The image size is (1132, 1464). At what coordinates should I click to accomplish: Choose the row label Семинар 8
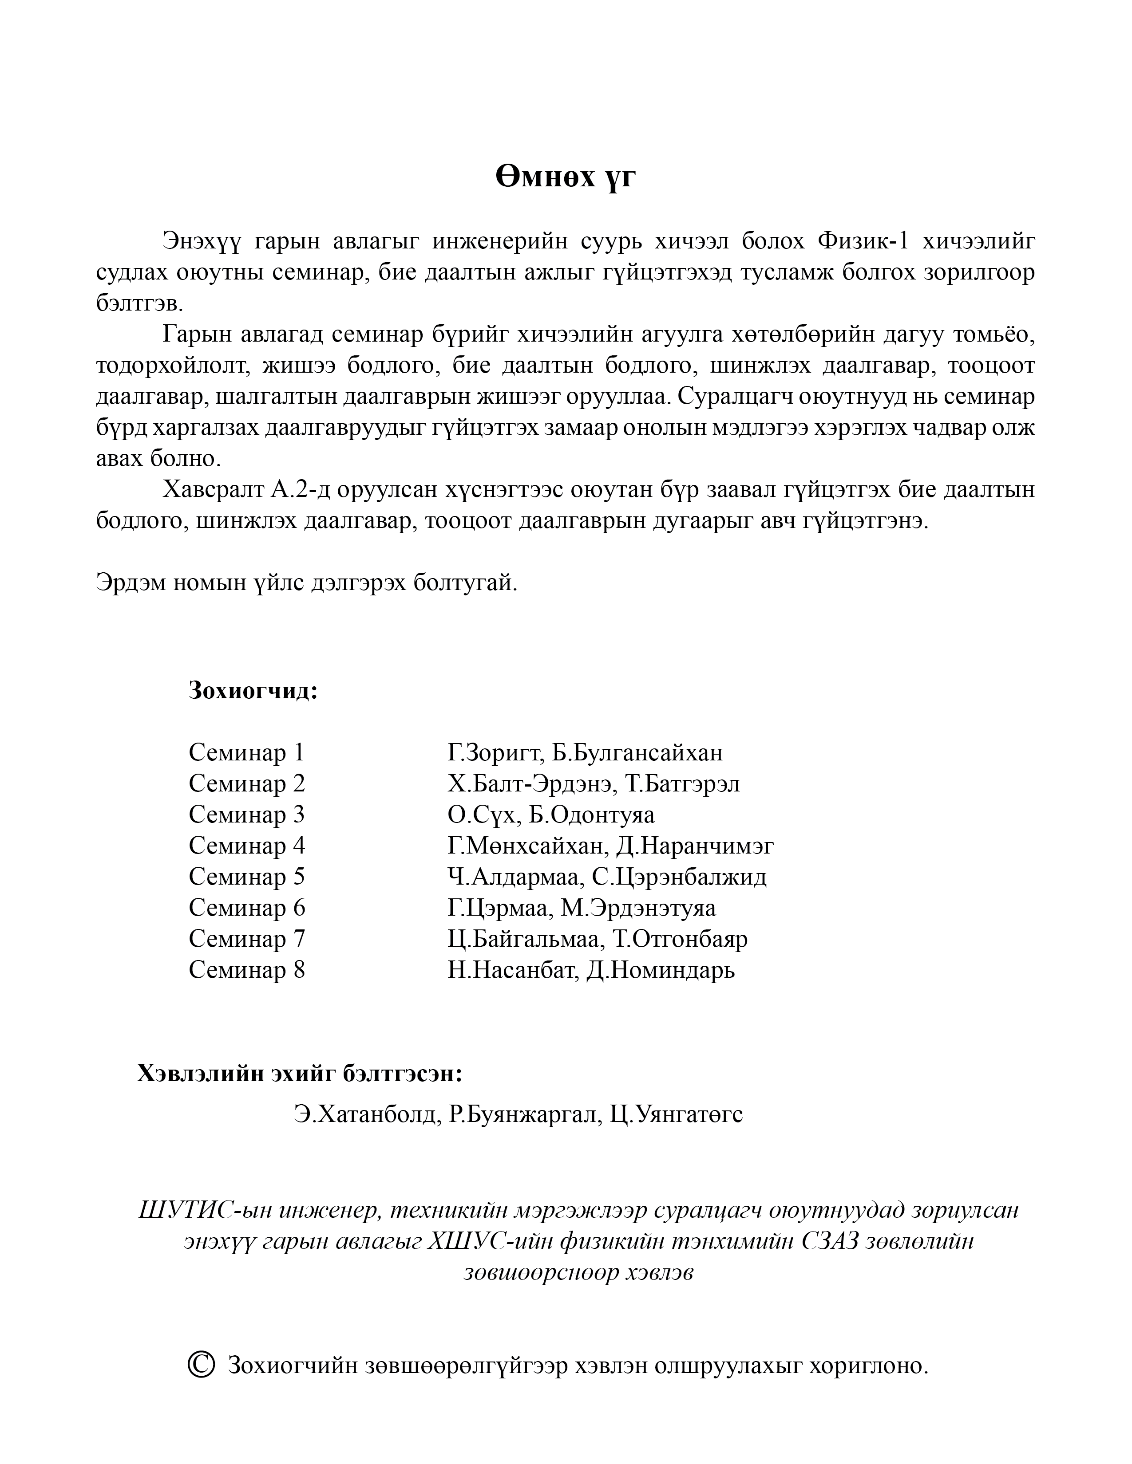pos(246,969)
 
